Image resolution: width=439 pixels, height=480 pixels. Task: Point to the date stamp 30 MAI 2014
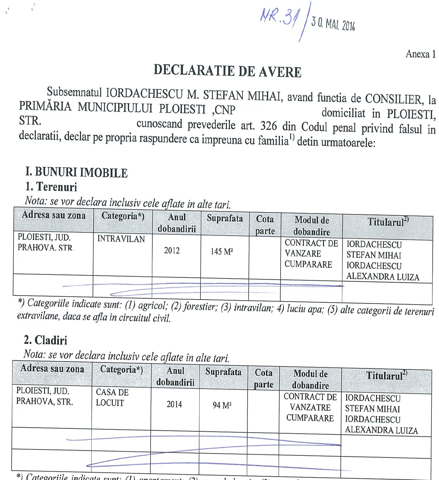[x=333, y=24]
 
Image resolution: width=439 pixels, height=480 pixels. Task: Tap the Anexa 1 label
[x=420, y=54]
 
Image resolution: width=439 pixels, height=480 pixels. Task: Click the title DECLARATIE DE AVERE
[x=227, y=71]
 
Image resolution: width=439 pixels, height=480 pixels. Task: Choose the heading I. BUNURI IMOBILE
[x=76, y=172]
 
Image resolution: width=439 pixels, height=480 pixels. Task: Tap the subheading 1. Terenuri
[x=51, y=187]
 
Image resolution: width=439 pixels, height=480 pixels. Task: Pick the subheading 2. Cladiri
[x=45, y=340]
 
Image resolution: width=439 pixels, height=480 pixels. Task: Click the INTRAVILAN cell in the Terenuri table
[x=121, y=239]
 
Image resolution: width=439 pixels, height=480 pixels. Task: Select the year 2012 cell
[x=172, y=251]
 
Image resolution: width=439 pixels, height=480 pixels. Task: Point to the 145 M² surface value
[x=222, y=251]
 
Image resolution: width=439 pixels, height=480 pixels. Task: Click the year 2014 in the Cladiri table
[x=174, y=404]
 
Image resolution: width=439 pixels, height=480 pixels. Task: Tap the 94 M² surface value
[x=222, y=405]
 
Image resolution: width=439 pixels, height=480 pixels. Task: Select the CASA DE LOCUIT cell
[x=112, y=397]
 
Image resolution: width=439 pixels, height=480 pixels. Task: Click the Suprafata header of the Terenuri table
[x=225, y=218]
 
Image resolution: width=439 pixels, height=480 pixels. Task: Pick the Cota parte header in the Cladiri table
[x=263, y=378]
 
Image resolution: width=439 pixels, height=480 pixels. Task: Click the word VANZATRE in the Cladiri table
[x=310, y=407]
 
